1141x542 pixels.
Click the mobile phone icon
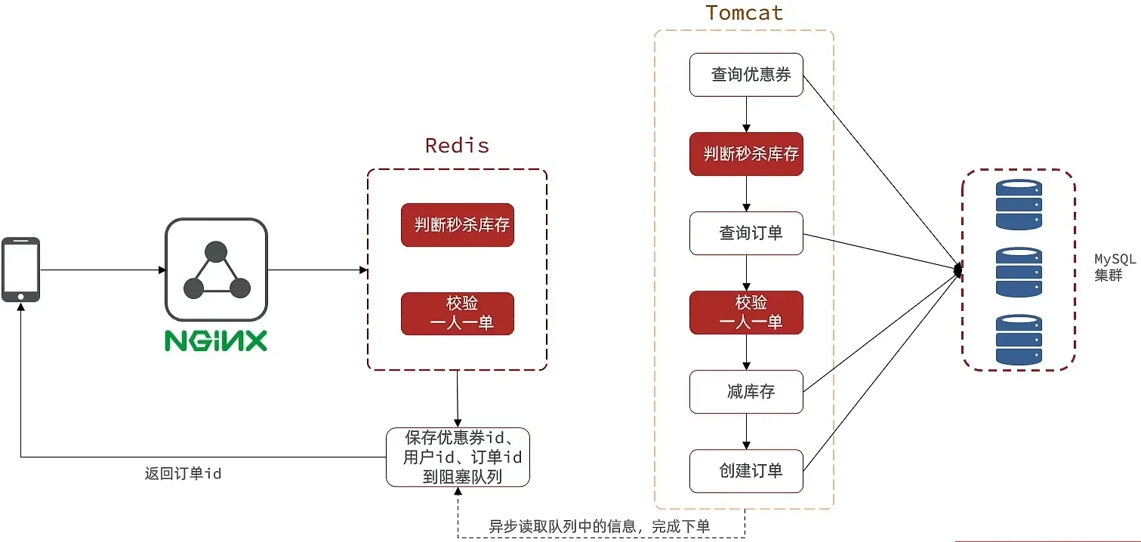click(x=20, y=269)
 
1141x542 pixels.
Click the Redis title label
click(x=457, y=145)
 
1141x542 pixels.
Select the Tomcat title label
click(x=744, y=13)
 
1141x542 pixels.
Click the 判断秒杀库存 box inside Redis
click(x=458, y=225)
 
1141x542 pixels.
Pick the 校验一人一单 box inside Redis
click(x=458, y=313)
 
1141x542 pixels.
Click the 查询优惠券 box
click(x=746, y=75)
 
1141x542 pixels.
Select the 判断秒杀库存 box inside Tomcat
click(x=746, y=154)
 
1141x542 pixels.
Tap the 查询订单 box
click(x=746, y=233)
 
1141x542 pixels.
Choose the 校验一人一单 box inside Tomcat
click(x=746, y=313)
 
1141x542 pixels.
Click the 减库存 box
click(x=746, y=392)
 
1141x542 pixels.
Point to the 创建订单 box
click(x=746, y=471)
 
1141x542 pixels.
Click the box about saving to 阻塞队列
click(x=458, y=457)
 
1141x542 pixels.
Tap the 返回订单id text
click(x=183, y=474)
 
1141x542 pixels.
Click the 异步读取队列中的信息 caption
click(x=599, y=526)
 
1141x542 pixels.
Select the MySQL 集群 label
click(x=1115, y=267)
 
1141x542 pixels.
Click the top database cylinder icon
click(x=1018, y=205)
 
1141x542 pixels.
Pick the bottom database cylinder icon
click(x=1018, y=340)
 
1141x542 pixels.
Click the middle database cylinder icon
click(x=1018, y=273)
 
